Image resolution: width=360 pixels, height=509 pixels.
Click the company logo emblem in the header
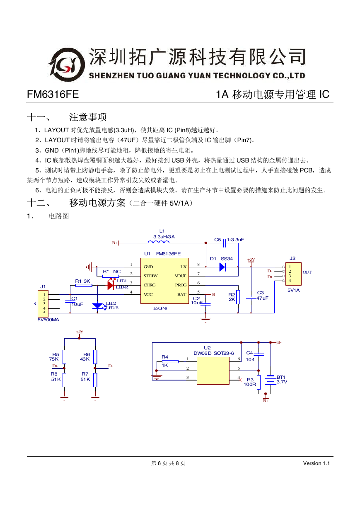[x=67, y=65]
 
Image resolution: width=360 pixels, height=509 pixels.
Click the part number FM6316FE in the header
[x=53, y=95]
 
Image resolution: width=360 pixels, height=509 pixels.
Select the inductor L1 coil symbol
[x=159, y=242]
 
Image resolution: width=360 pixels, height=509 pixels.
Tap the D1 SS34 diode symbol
[x=222, y=267]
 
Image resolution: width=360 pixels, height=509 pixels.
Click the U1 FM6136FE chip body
[x=164, y=281]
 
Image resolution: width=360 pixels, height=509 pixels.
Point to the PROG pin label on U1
[x=181, y=285]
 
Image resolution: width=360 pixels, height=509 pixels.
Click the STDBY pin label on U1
[x=150, y=276]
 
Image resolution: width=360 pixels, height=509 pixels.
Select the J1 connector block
[x=43, y=303]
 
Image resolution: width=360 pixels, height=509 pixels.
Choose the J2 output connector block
[x=293, y=274]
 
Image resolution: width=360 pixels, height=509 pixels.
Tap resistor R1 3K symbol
[x=84, y=286]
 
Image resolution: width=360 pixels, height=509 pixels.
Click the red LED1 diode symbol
[x=111, y=285]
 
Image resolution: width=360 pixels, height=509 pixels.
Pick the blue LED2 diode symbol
[x=98, y=306]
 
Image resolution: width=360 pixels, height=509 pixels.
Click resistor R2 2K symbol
[x=238, y=297]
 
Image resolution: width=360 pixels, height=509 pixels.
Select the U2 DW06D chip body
[x=213, y=371]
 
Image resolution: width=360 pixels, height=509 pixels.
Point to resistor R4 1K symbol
[x=170, y=361]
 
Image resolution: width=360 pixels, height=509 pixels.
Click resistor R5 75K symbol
[x=65, y=357]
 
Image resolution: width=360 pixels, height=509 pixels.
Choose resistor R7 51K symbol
[x=95, y=380]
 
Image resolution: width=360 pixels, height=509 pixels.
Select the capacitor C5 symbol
[x=225, y=243]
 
